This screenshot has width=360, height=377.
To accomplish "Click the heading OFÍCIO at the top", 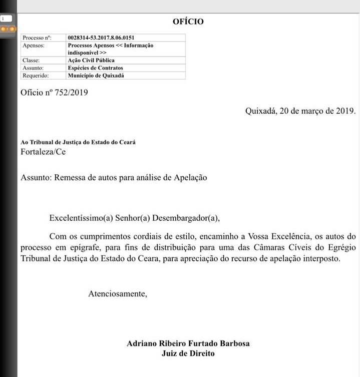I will (188, 22).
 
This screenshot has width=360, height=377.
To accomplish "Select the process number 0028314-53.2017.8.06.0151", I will (101, 38).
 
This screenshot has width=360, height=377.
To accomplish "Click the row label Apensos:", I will (34, 45).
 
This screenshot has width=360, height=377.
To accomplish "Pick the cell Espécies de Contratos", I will (95, 68).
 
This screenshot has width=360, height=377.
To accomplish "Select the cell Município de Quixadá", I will (96, 76).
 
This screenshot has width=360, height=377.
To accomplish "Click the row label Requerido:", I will (36, 76).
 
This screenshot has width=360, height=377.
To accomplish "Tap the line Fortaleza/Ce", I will (43, 152).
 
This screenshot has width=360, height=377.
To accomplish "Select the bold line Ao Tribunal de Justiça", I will (78, 142).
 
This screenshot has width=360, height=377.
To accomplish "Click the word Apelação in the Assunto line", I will (190, 177).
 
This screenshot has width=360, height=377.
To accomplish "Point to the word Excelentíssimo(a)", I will (81, 218).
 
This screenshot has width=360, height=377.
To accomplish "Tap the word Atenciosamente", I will (118, 294).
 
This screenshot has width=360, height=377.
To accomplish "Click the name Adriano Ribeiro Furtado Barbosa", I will (188, 343).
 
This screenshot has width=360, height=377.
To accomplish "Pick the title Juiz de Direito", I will (188, 353).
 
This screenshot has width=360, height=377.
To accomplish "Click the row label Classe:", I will (31, 60).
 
